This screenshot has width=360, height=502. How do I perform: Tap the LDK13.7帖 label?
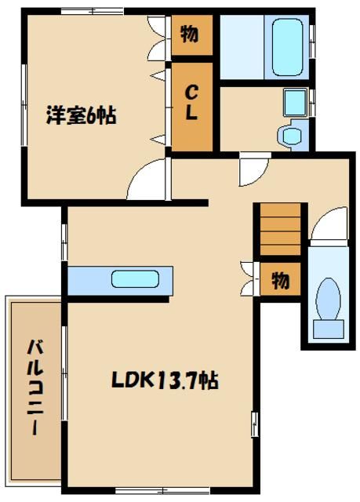[163, 381]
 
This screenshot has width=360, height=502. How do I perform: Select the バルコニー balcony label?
[35, 388]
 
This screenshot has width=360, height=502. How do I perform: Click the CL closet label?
[191, 103]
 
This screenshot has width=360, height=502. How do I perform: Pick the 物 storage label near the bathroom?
[189, 35]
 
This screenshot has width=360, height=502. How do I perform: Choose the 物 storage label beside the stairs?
[280, 278]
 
